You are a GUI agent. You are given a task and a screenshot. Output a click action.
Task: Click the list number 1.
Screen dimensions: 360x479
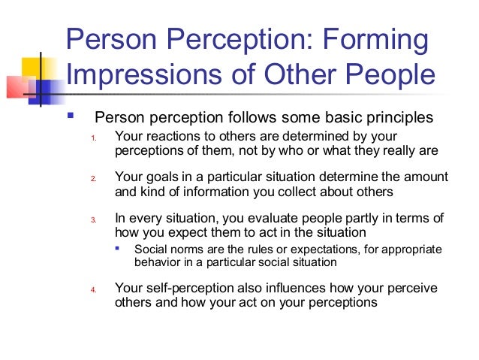(x=93, y=138)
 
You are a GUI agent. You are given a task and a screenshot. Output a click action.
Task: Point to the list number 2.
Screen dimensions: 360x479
(x=93, y=180)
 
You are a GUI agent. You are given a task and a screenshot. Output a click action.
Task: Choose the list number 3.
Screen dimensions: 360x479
(x=93, y=221)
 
